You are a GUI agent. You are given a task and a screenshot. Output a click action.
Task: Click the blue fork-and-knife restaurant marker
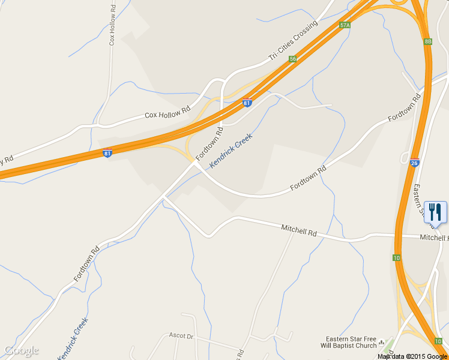[435, 212]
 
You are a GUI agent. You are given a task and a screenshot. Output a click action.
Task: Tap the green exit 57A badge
[345, 25]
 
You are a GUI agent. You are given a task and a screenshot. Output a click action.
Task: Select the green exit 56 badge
[292, 59]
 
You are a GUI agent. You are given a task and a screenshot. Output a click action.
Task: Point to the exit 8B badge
[427, 41]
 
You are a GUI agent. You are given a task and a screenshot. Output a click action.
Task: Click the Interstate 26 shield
[414, 162]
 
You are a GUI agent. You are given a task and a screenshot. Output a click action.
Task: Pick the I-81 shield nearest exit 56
[247, 102]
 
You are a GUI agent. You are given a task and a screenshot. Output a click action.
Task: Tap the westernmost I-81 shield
[107, 152]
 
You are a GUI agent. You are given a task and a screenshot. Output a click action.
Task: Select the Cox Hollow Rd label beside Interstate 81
[167, 112]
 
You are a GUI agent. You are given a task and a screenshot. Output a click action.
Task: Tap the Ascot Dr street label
[181, 336]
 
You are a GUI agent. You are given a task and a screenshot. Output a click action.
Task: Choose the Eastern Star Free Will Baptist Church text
[351, 342]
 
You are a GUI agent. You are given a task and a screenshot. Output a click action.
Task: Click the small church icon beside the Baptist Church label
[382, 342]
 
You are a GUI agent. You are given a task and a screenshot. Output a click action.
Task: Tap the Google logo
[21, 350]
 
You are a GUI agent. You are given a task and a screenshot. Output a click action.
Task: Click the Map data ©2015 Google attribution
[412, 356]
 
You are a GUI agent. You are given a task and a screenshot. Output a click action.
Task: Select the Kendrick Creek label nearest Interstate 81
[231, 150]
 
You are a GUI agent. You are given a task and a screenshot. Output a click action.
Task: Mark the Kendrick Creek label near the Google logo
[73, 338]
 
